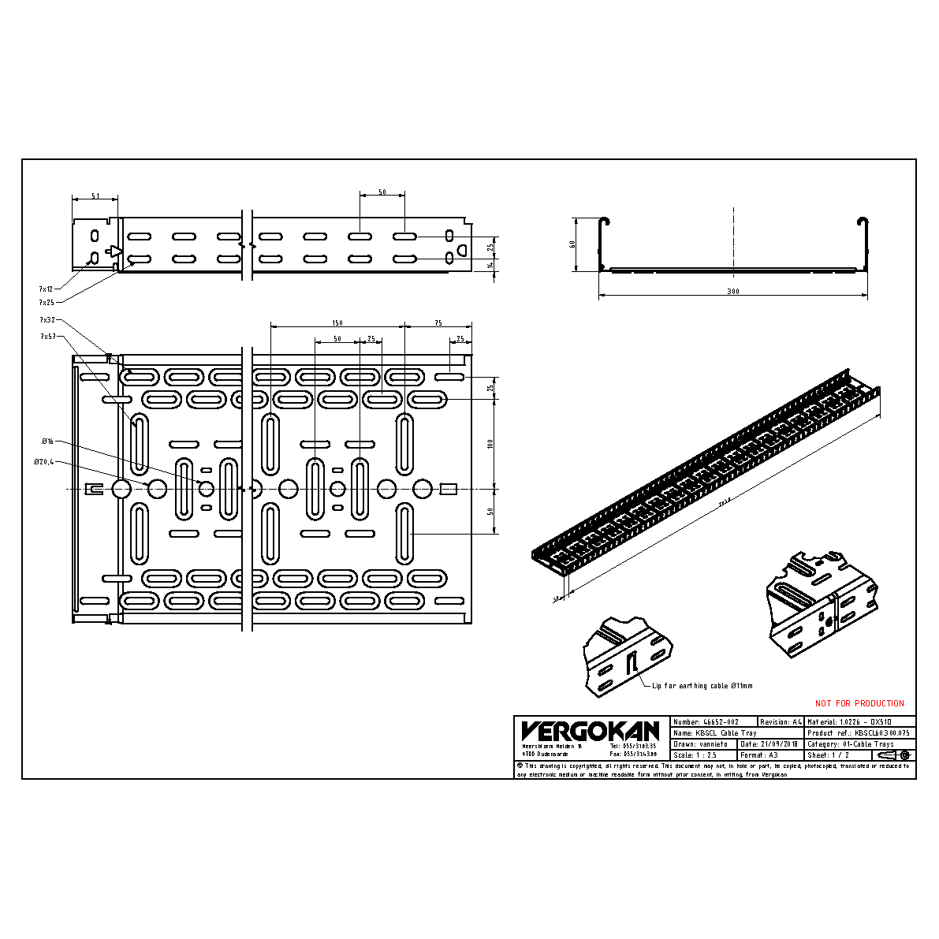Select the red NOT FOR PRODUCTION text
pyautogui.click(x=859, y=703)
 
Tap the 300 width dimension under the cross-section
pyautogui.click(x=733, y=292)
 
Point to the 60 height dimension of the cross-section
pyautogui.click(x=573, y=244)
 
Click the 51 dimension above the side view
pyautogui.click(x=95, y=196)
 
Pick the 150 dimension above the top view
pyautogui.click(x=337, y=323)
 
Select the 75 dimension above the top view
pyautogui.click(x=438, y=323)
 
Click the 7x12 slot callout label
pyautogui.click(x=47, y=289)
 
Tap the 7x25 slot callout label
pyautogui.click(x=47, y=302)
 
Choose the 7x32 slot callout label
pyautogui.click(x=47, y=320)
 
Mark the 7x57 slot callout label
pyautogui.click(x=47, y=336)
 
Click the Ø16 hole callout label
pyautogui.click(x=47, y=441)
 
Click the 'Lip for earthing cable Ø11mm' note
pyautogui.click(x=702, y=686)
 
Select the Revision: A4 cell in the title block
pyautogui.click(x=781, y=721)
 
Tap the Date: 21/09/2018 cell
pyautogui.click(x=770, y=743)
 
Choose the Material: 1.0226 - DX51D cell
pyautogui.click(x=860, y=721)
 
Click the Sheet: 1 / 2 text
pyautogui.click(x=829, y=755)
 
